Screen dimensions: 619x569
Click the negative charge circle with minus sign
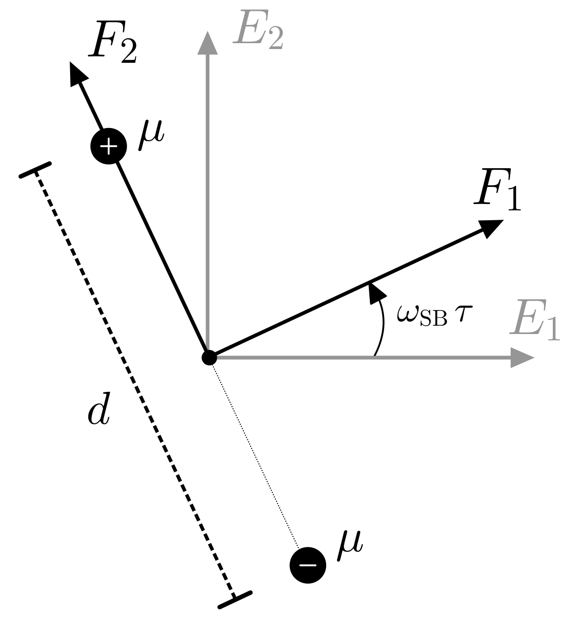click(x=308, y=565)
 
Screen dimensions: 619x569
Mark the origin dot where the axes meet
click(x=209, y=358)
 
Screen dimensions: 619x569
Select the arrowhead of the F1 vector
click(x=490, y=228)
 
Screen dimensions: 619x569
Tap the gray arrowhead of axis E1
click(x=522, y=358)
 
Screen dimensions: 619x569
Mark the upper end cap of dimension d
click(x=35, y=169)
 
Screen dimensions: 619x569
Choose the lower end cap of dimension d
click(x=235, y=599)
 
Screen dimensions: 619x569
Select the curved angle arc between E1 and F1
click(x=383, y=326)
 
